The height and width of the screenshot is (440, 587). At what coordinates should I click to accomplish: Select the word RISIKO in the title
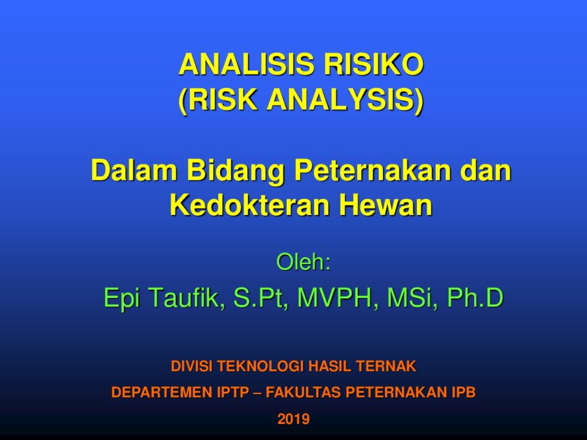tap(374, 64)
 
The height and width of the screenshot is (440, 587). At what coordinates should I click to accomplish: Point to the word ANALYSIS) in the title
tap(345, 100)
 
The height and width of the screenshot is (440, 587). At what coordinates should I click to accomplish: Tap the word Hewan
tap(386, 205)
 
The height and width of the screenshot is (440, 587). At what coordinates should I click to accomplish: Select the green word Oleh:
tap(303, 262)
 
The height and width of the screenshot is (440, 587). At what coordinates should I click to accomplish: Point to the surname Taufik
tap(187, 298)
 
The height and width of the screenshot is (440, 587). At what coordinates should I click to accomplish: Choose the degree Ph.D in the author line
tap(475, 298)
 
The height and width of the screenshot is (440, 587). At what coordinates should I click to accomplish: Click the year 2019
tap(293, 419)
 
